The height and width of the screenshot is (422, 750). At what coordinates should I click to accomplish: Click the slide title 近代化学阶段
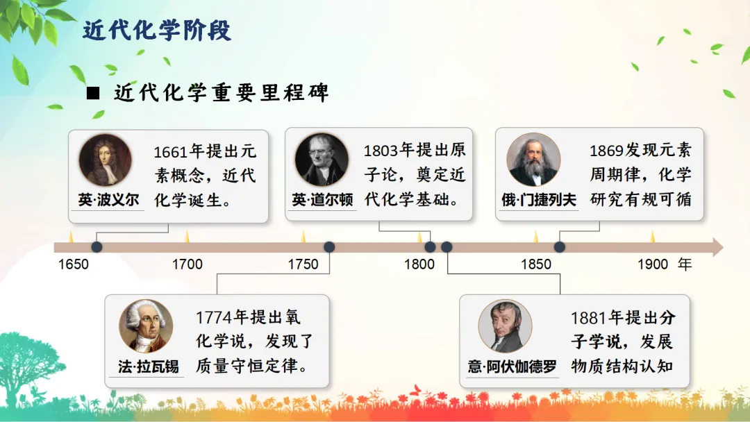click(x=157, y=31)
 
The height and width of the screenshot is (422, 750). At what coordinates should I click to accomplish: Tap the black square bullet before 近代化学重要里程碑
click(x=93, y=93)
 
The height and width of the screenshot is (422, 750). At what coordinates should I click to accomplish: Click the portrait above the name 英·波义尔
click(x=106, y=160)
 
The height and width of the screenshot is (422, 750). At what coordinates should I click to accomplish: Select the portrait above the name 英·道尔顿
click(x=322, y=160)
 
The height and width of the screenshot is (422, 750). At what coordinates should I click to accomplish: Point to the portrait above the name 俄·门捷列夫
click(x=533, y=160)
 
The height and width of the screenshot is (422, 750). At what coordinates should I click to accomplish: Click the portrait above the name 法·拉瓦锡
click(x=146, y=326)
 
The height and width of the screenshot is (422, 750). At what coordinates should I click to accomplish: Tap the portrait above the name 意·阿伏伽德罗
click(x=505, y=326)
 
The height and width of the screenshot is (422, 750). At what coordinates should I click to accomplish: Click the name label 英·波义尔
click(x=108, y=200)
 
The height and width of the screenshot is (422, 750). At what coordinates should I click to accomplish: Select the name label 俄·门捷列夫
click(x=539, y=200)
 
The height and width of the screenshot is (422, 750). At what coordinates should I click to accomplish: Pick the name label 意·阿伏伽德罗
click(x=512, y=366)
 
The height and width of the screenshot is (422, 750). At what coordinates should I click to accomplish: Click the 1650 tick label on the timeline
click(x=73, y=264)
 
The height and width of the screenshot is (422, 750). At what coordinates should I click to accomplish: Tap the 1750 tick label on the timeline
click(x=303, y=264)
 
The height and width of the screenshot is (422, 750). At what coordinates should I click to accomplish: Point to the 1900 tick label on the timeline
click(x=652, y=264)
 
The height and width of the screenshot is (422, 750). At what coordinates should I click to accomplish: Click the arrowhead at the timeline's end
click(x=717, y=247)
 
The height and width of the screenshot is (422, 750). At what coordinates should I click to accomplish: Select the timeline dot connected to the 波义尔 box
click(x=97, y=247)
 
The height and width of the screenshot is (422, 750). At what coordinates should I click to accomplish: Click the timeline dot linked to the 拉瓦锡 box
click(x=329, y=247)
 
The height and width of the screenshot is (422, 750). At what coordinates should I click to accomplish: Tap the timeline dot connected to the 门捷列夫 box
click(x=560, y=247)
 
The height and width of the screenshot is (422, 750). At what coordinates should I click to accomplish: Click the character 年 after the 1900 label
click(x=685, y=264)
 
